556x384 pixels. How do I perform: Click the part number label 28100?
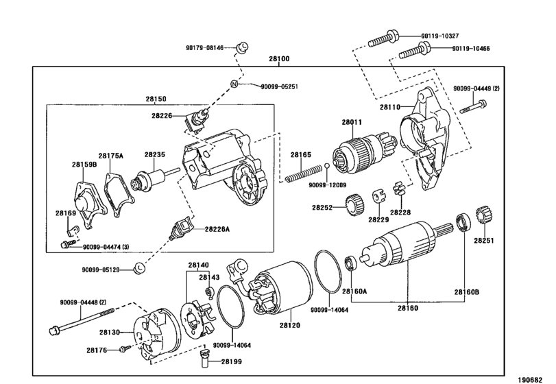pos(279,59)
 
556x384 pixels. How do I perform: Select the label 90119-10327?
pos(440,36)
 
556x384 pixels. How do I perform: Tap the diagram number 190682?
pos(531,380)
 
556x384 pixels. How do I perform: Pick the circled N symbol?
pos(234,84)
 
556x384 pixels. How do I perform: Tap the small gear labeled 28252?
pos(354,204)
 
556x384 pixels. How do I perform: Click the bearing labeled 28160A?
pos(351,263)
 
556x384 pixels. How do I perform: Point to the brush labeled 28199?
pos(205,358)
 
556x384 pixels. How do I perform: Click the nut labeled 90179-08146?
pos(242,47)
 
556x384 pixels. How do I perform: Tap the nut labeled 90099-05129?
pos(139,268)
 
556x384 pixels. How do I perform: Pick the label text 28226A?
pos(217,229)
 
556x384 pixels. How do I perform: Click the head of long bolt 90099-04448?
pos(54,330)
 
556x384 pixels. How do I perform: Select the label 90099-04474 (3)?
pos(106,247)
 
